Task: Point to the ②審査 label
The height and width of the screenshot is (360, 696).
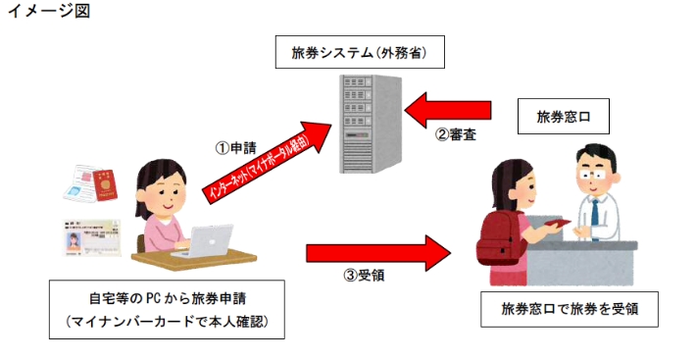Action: (456, 133)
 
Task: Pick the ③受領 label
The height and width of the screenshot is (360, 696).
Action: (365, 276)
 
